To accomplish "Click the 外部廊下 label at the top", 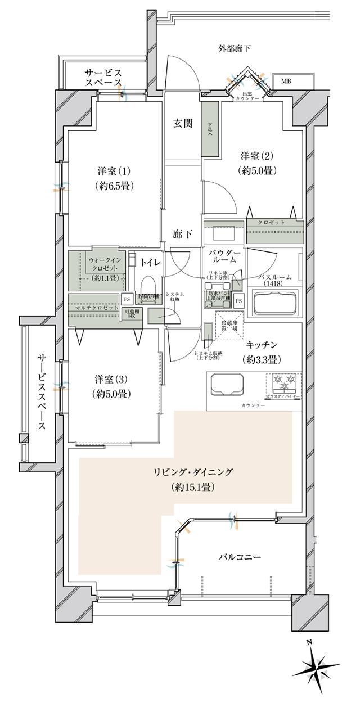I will coord(235,48).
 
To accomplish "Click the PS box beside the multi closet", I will coord(126,299).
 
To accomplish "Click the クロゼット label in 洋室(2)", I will coord(272,223).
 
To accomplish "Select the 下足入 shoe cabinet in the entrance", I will coord(210,129).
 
